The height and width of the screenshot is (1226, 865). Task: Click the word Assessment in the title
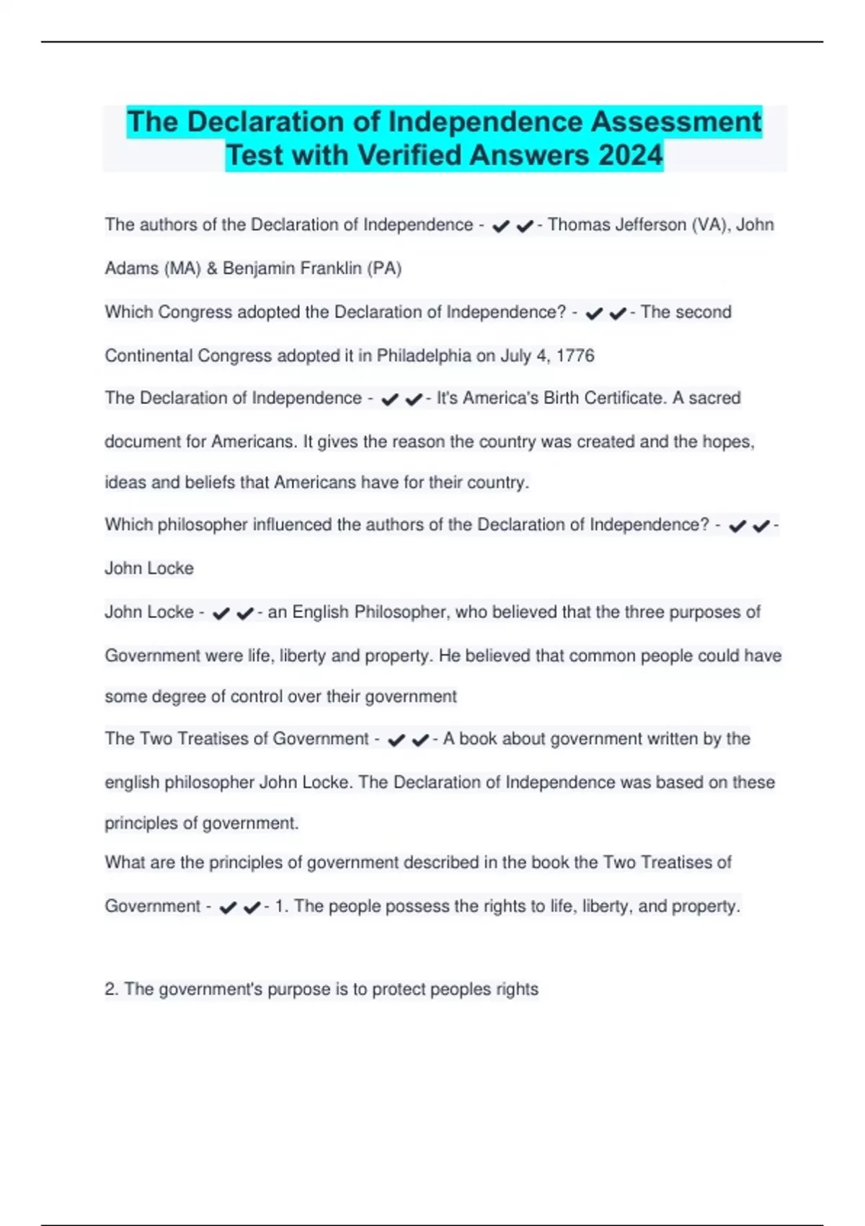tap(676, 122)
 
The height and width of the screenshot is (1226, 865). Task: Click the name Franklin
tap(330, 268)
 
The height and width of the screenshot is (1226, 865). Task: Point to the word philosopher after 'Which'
tap(203, 525)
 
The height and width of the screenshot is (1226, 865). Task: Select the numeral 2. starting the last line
tap(112, 989)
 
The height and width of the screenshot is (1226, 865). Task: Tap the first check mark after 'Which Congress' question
tap(594, 313)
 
